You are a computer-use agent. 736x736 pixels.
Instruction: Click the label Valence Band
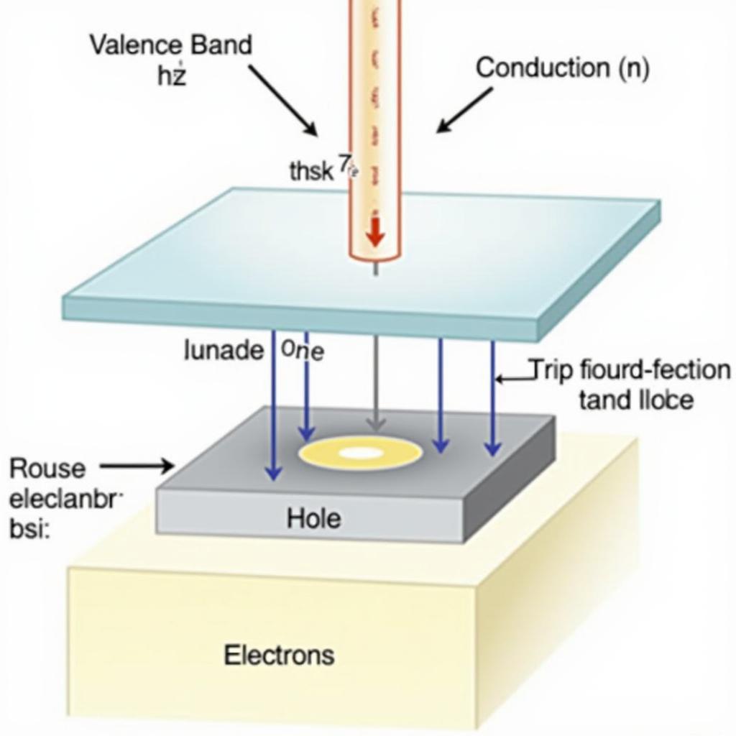point(170,45)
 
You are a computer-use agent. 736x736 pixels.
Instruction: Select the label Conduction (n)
point(562,68)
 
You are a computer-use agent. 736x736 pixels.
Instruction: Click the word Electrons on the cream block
point(279,655)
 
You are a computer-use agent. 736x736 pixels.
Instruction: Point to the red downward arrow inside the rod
point(374,232)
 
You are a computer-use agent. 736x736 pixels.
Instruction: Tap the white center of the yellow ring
point(360,453)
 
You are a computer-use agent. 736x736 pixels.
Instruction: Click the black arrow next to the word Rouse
point(137,467)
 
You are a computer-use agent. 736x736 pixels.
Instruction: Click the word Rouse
point(47,469)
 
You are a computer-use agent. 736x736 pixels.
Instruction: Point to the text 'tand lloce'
point(635,400)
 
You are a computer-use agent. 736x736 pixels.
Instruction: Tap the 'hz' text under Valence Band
point(171,75)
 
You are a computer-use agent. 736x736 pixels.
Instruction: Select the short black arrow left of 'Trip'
point(512,377)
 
